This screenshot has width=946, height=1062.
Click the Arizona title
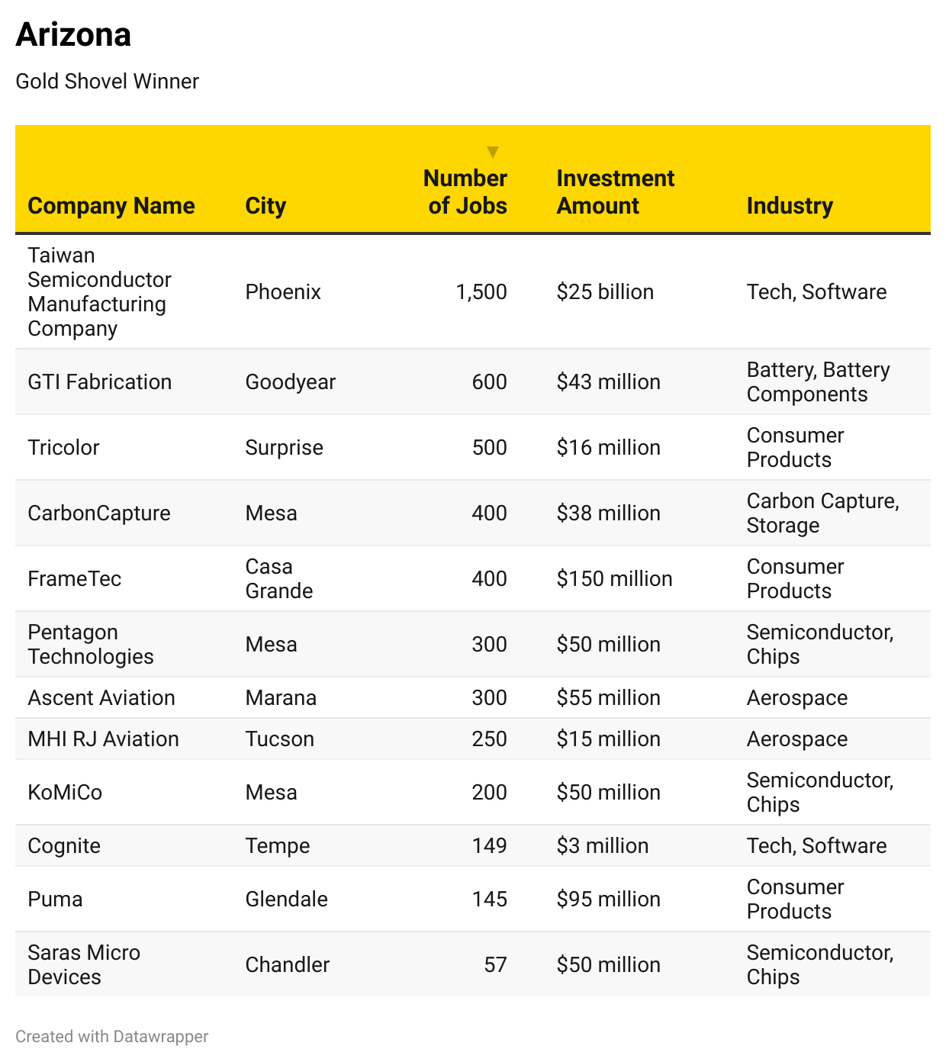73,35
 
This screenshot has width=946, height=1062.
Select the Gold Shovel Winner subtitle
107,82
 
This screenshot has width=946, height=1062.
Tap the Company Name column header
111,206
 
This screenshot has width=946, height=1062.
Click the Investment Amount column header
615,192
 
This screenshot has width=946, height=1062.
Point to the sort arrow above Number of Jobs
493,152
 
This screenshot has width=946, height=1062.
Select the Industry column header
790,206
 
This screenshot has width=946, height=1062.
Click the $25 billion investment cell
605,292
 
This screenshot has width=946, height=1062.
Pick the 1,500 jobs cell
481,292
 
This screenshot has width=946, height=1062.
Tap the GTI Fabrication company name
99,382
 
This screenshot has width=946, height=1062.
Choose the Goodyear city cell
290,382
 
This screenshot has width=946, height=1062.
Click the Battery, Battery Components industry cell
818,382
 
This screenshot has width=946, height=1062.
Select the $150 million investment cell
614,579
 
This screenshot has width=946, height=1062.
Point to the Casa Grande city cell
278,579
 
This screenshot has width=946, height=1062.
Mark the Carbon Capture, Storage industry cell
822,513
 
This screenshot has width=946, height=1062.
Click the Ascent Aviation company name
101,698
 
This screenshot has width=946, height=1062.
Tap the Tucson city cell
279,739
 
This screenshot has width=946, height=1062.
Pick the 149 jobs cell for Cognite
489,846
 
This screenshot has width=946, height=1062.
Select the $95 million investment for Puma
608,899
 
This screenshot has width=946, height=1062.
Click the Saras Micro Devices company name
84,965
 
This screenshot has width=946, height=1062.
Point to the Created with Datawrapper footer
111,1037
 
